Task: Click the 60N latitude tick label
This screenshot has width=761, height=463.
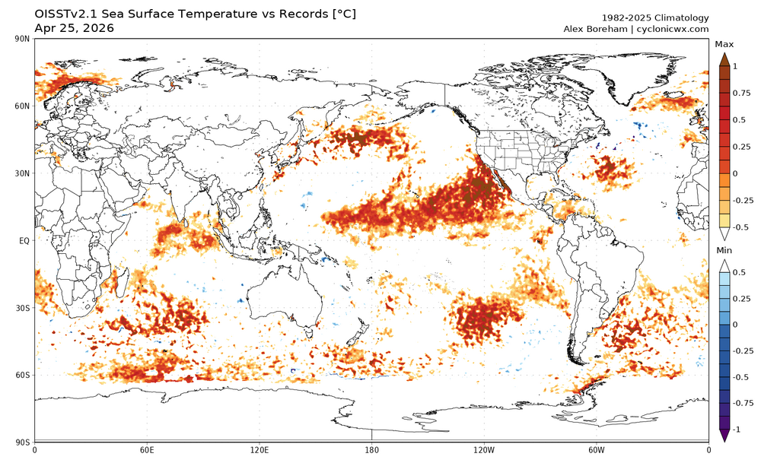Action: [x=22, y=106]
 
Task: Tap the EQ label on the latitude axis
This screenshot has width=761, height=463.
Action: [x=24, y=241]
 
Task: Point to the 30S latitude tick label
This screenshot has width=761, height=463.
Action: [x=22, y=308]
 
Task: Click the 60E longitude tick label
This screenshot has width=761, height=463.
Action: [x=147, y=449]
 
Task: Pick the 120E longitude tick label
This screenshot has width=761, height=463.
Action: [x=260, y=449]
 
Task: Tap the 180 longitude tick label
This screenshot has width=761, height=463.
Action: [x=372, y=449]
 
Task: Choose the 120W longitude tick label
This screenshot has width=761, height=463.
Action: [x=484, y=449]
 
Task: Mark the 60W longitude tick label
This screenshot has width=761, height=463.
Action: [x=596, y=449]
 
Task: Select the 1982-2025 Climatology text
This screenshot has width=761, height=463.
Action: [x=655, y=17]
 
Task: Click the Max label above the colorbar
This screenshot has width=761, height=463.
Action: [x=724, y=45]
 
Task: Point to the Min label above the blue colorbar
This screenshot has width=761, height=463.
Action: [x=724, y=250]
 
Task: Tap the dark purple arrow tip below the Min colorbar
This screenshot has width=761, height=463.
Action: [x=724, y=435]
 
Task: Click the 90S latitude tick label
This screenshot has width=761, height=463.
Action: [x=22, y=442]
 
